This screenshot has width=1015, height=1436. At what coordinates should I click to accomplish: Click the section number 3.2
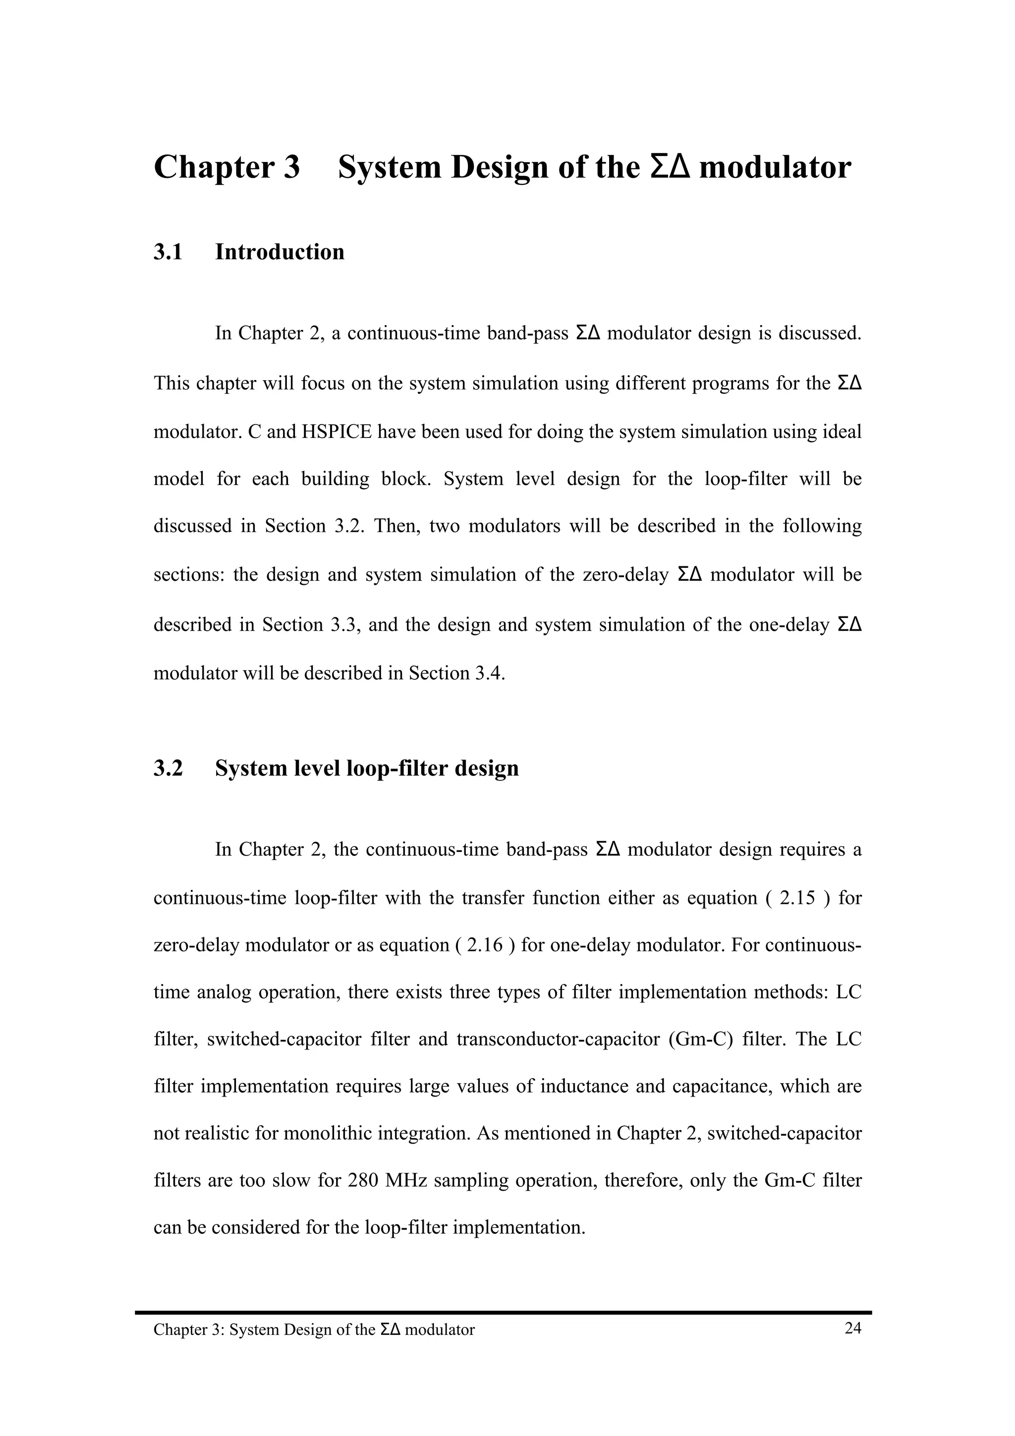pyautogui.click(x=168, y=769)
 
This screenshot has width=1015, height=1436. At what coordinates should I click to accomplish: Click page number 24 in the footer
pyautogui.click(x=852, y=1328)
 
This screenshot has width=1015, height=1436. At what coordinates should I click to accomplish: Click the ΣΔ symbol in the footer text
pyautogui.click(x=390, y=1329)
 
